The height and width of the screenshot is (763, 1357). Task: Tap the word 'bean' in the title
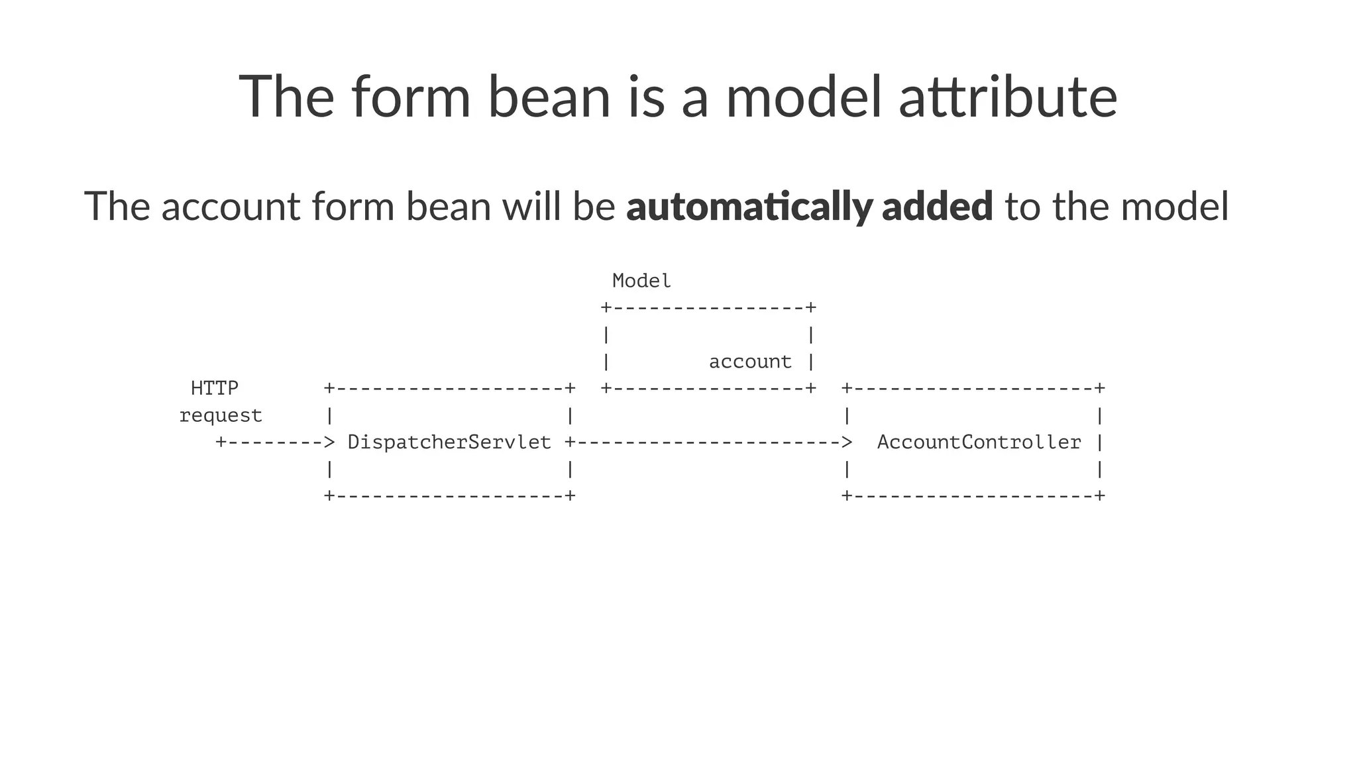pos(549,97)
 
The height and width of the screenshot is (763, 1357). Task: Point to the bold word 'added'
pos(937,206)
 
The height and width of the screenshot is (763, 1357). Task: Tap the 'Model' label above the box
pos(641,281)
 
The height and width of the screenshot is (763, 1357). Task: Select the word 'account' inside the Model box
pos(750,362)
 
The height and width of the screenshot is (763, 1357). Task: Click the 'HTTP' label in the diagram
pos(215,388)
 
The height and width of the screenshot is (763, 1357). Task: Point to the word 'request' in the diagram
pos(221,415)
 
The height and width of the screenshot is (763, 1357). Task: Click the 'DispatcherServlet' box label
pos(449,442)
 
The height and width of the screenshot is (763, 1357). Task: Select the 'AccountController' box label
pos(979,442)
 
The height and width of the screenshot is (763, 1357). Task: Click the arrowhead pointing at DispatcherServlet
pos(329,442)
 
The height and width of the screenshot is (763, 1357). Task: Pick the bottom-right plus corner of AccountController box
pos(1100,496)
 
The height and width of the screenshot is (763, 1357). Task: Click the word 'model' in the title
pos(803,97)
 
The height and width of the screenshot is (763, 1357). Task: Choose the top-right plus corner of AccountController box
pos(1100,388)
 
